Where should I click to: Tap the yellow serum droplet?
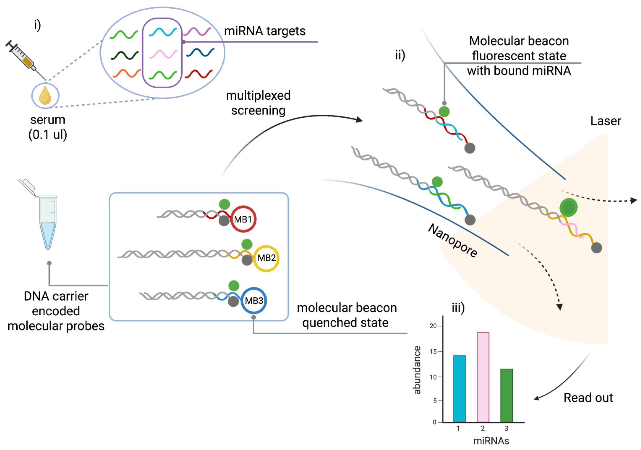pyautogui.click(x=45, y=96)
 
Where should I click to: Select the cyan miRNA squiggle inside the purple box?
pyautogui.click(x=163, y=32)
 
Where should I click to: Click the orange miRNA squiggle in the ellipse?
pyautogui.click(x=127, y=73)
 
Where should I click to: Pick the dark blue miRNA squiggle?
pyautogui.click(x=200, y=52)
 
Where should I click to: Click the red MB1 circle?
pyautogui.click(x=243, y=219)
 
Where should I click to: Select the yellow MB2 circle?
pyautogui.click(x=266, y=258)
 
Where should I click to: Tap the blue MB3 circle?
pyautogui.click(x=253, y=301)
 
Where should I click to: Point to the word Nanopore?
pyautogui.click(x=453, y=241)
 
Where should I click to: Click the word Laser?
pyautogui.click(x=605, y=121)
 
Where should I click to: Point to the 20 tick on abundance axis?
pyautogui.click(x=433, y=326)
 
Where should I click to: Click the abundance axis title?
pyautogui.click(x=417, y=370)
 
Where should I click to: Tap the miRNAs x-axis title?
pyautogui.click(x=491, y=441)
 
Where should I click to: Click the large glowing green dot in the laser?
pyautogui.click(x=568, y=207)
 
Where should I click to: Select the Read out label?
pyautogui.click(x=588, y=398)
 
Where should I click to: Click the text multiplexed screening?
pyautogui.click(x=258, y=103)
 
